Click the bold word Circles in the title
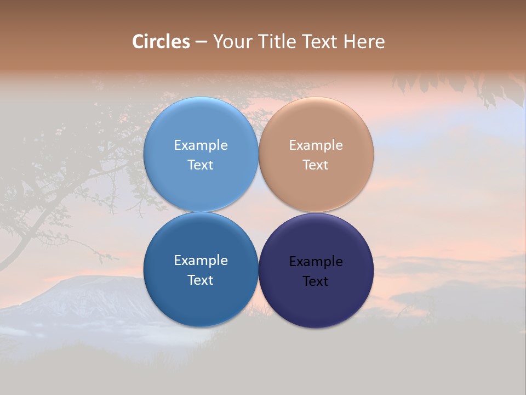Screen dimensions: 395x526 tap(161, 42)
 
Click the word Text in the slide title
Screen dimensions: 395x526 tap(319, 42)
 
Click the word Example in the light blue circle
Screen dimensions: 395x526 tap(201, 145)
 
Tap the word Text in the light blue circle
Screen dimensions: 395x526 tap(201, 165)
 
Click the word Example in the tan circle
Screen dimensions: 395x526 tap(316, 145)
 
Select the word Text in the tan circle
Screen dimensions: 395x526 tap(316, 165)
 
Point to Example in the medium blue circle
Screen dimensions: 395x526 tap(201, 261)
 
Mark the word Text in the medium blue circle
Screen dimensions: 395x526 tap(201, 280)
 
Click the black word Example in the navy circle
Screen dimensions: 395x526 tap(316, 262)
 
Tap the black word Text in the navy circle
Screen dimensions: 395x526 tap(316, 281)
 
